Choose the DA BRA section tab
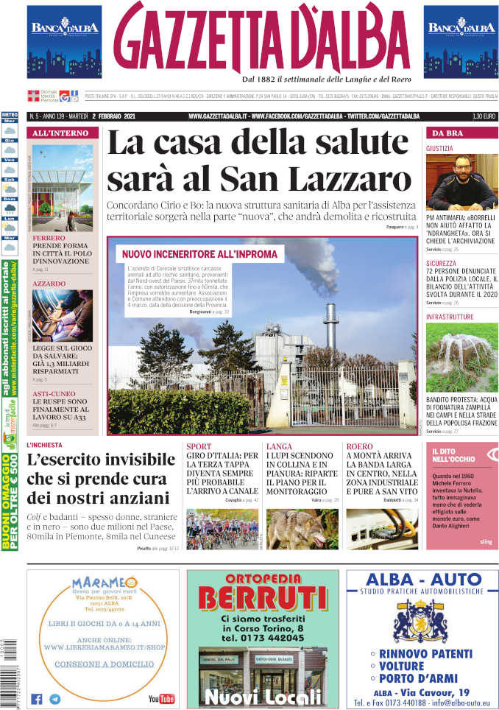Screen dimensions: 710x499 (447, 133)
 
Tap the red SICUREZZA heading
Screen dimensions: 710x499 (441, 262)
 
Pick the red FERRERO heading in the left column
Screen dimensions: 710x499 (49, 239)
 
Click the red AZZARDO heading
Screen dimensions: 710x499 (49, 284)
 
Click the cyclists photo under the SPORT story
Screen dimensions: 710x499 (222, 529)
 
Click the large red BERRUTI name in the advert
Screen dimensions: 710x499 (263, 597)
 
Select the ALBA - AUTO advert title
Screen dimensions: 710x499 (422, 578)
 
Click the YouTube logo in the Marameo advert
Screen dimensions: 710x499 (161, 698)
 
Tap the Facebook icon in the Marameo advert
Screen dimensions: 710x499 (36, 699)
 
